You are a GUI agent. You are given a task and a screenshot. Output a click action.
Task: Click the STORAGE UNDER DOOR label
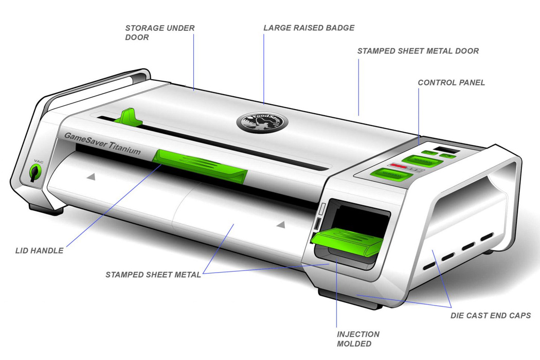[x=160, y=32]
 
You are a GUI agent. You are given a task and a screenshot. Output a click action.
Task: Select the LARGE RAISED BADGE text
[x=309, y=28]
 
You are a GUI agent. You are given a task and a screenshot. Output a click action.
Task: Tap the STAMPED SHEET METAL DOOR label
[x=418, y=51]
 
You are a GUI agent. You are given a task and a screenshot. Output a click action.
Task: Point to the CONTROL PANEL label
[x=451, y=82]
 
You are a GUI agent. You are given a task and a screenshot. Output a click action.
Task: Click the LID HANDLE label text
[x=40, y=250]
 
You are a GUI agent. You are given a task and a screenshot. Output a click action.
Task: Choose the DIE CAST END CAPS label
[x=491, y=315]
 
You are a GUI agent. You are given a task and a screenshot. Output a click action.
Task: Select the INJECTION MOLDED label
[x=358, y=339]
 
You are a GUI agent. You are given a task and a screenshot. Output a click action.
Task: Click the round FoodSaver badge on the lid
[x=262, y=122]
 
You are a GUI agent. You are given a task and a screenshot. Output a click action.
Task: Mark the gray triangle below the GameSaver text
[x=91, y=176]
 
